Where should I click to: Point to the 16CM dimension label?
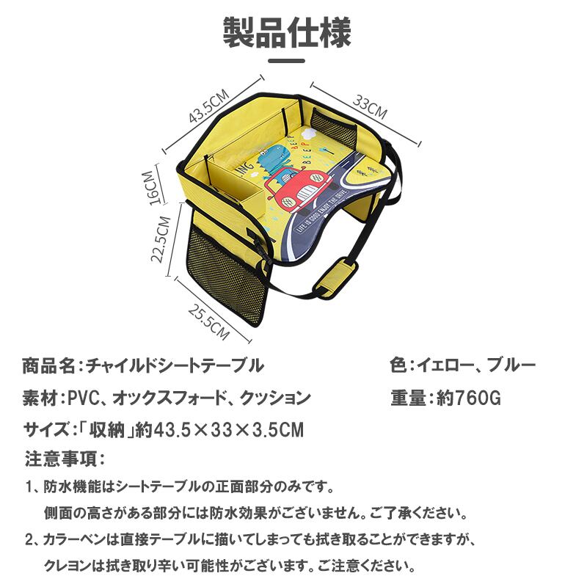151,188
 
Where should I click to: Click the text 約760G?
467,398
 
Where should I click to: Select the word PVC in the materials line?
83,398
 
